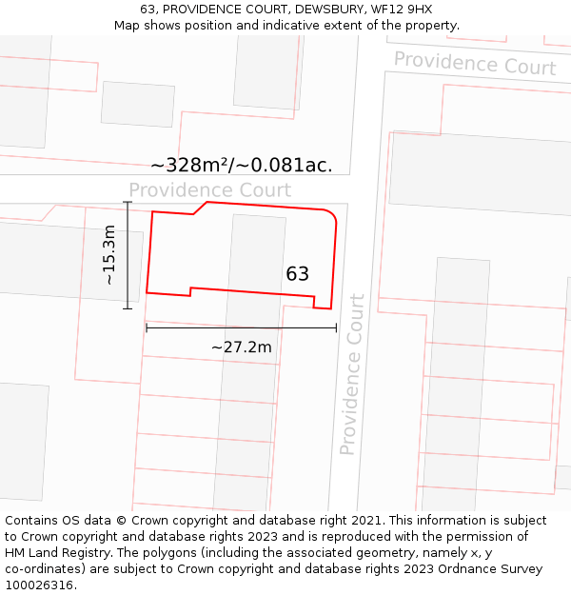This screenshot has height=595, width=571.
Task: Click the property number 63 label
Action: pyautogui.click(x=297, y=274)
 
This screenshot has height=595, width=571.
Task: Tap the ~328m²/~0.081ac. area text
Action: pyautogui.click(x=242, y=165)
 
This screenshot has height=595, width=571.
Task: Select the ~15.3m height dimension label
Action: pyautogui.click(x=109, y=255)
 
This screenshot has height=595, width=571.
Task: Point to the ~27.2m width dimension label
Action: pyautogui.click(x=241, y=347)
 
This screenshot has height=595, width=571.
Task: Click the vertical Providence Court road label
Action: pyautogui.click(x=352, y=374)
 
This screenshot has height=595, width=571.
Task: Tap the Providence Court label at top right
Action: pyautogui.click(x=474, y=64)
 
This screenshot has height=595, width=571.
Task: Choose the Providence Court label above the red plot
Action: pyautogui.click(x=209, y=190)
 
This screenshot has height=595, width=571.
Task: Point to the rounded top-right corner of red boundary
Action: pyautogui.click(x=332, y=217)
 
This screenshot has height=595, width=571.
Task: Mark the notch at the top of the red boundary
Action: pyautogui.click(x=201, y=208)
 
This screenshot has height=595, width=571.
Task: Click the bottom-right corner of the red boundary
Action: pyautogui.click(x=330, y=308)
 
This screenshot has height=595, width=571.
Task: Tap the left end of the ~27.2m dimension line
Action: pyautogui.click(x=146, y=328)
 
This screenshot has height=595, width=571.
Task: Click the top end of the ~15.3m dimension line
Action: pyautogui.click(x=128, y=202)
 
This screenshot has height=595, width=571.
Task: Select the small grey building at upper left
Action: pyautogui.click(x=137, y=104)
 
